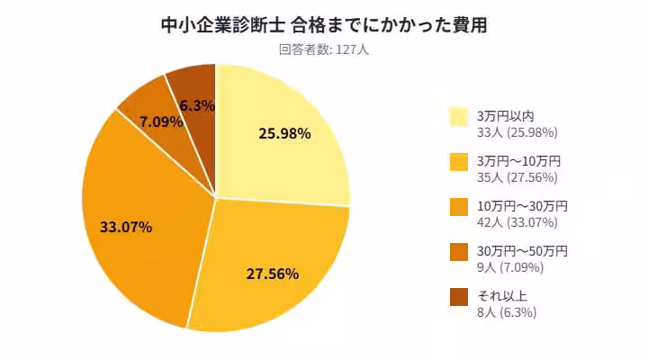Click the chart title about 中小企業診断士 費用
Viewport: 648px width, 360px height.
tap(323, 24)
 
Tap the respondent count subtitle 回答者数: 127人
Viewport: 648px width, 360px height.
tap(324, 50)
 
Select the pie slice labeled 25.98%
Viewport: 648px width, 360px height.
tap(283, 135)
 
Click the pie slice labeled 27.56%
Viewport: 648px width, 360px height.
tap(270, 270)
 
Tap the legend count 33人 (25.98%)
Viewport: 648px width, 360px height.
tap(517, 132)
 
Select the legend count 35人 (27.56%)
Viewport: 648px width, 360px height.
tap(517, 177)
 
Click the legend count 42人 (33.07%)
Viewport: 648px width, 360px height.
tap(517, 222)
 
